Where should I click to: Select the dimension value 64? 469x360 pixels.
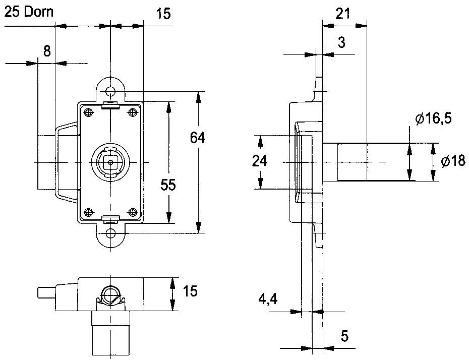198,137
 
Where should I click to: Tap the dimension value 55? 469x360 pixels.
168,185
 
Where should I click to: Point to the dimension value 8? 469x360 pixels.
46,50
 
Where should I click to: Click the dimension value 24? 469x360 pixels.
260,161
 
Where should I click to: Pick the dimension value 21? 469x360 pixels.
343,13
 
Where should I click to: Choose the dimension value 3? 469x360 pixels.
341,42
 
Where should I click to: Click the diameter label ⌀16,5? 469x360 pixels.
433,119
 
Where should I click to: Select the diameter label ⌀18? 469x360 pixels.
452,161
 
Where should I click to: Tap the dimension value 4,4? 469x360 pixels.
268,299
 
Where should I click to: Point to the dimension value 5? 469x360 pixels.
345,335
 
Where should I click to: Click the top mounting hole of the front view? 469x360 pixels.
111,91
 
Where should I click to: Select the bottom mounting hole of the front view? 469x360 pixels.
111,233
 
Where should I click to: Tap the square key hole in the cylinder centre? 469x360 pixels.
111,162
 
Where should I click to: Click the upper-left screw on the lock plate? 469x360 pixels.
89,112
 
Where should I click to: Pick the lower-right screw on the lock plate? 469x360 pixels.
133,212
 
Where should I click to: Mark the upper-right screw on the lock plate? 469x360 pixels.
133,112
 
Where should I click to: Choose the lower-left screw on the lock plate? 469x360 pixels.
89,212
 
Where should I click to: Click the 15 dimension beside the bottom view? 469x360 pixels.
190,291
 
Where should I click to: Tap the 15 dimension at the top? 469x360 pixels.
163,14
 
